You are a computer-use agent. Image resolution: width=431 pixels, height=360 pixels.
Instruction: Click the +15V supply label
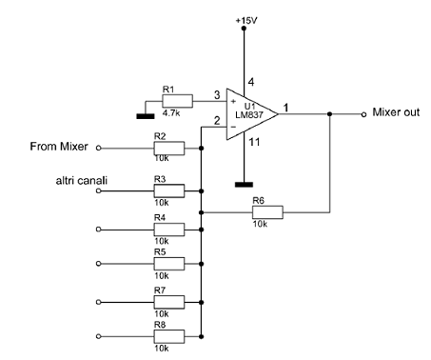tap(245, 19)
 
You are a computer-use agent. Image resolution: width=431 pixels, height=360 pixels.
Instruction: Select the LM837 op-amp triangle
tap(250, 113)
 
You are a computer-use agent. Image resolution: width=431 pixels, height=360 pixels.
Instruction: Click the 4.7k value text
tap(172, 110)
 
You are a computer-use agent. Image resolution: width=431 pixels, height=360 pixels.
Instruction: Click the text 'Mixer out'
tap(397, 113)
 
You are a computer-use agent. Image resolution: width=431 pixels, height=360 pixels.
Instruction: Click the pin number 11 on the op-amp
tap(252, 143)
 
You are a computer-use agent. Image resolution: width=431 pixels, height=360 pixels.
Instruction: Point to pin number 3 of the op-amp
tap(216, 93)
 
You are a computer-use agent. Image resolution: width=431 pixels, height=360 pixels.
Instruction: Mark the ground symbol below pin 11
tap(245, 183)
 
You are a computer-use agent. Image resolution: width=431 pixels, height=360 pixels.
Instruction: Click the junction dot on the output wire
tap(329, 113)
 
